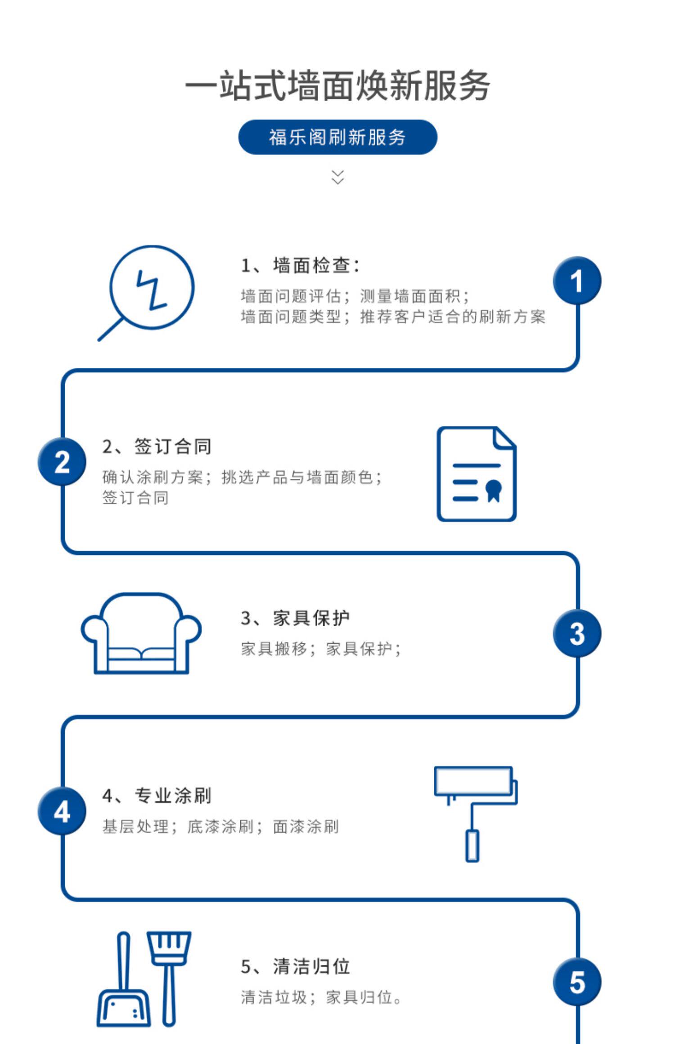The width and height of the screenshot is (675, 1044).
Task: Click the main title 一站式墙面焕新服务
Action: [x=337, y=85]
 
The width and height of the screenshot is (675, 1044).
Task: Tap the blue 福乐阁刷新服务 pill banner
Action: [x=337, y=137]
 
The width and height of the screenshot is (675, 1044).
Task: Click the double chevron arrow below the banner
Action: [x=337, y=177]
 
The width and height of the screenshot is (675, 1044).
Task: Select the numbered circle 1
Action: [x=577, y=281]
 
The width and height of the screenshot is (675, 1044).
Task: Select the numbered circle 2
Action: [x=62, y=461]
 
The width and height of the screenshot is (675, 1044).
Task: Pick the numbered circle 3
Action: [x=577, y=633]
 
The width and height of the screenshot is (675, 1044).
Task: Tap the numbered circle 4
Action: [x=62, y=812]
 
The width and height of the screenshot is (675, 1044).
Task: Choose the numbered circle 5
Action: [x=577, y=982]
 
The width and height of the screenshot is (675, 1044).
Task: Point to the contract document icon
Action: [x=476, y=474]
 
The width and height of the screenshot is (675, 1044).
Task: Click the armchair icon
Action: [x=141, y=634]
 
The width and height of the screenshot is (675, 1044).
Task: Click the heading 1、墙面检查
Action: [x=300, y=265]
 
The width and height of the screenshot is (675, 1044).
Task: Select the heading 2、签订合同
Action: [x=157, y=446]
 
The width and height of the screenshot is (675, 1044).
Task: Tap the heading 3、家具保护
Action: [x=295, y=618]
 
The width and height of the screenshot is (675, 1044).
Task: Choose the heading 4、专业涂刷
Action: [x=157, y=795]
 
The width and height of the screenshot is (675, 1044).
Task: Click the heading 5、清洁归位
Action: [x=295, y=966]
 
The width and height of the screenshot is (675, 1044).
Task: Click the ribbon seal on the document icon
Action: [x=494, y=491]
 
